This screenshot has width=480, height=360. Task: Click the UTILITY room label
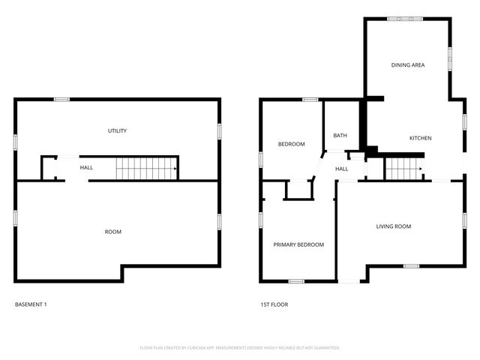pyautogui.click(x=117, y=131)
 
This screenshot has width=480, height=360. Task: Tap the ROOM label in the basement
pyautogui.click(x=112, y=232)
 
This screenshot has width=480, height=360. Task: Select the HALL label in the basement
pyautogui.click(x=86, y=168)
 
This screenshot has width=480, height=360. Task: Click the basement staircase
pyautogui.click(x=145, y=168)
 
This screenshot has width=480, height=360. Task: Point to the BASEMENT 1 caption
pyautogui.click(x=31, y=304)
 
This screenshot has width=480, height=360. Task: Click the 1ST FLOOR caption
pyautogui.click(x=274, y=304)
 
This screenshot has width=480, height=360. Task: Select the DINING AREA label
pyautogui.click(x=408, y=65)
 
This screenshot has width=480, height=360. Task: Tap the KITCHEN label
pyautogui.click(x=420, y=138)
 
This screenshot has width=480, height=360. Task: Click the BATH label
pyautogui.click(x=340, y=136)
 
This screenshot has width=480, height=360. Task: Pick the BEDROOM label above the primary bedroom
pyautogui.click(x=291, y=144)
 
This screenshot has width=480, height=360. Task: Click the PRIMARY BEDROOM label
pyautogui.click(x=298, y=244)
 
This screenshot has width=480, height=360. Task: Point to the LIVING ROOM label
pyautogui.click(x=393, y=226)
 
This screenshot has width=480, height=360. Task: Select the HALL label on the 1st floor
pyautogui.click(x=342, y=169)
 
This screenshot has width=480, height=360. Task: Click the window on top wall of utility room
pyautogui.click(x=62, y=99)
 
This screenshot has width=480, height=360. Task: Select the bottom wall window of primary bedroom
pyautogui.click(x=296, y=281)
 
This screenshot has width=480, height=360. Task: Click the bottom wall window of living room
pyautogui.click(x=410, y=266)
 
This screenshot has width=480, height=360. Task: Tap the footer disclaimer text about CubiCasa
pyautogui.click(x=240, y=348)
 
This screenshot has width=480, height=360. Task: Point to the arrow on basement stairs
pyautogui.click(x=174, y=169)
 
